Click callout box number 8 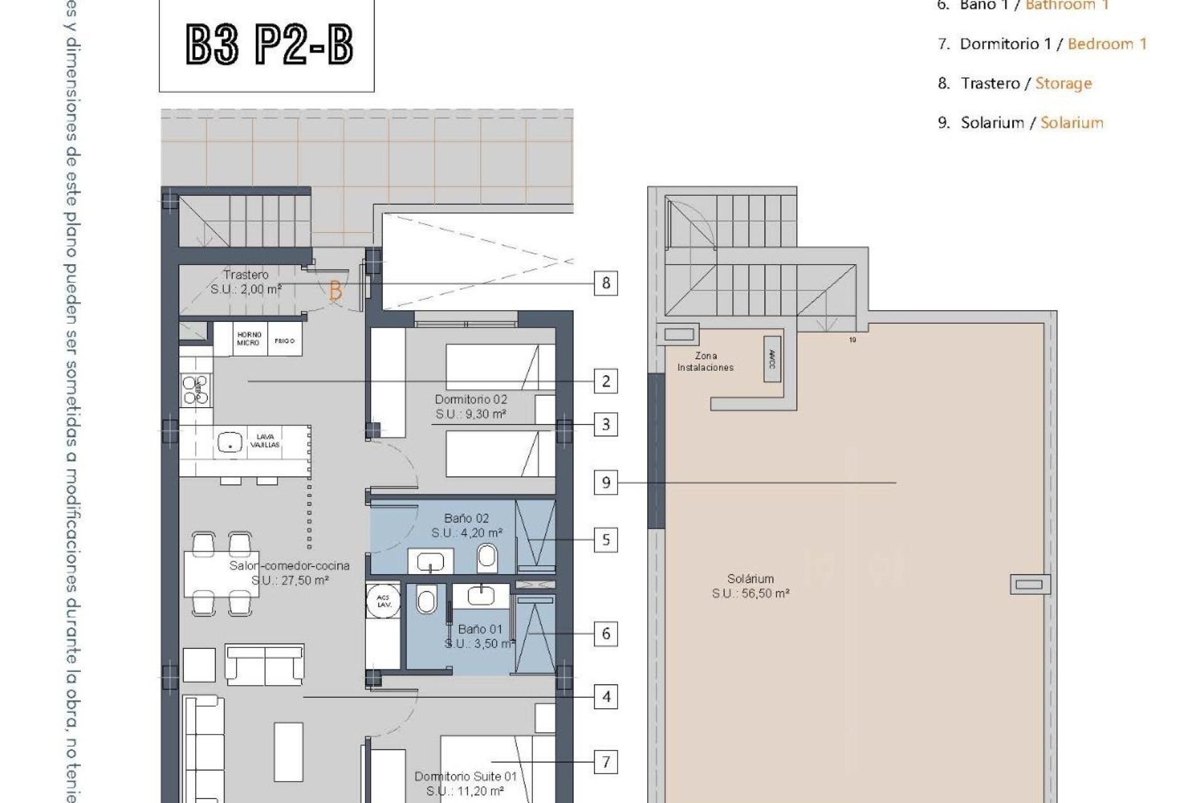(606, 283)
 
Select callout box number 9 (606, 482)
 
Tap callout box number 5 (606, 540)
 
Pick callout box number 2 (606, 381)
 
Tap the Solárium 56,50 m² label (750, 586)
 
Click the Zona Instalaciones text (705, 361)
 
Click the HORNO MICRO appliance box (249, 339)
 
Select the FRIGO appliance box (285, 340)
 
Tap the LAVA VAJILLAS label (265, 440)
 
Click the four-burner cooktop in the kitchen (195, 389)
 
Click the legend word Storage (1063, 83)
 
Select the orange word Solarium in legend (1072, 122)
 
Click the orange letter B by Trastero (335, 291)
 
